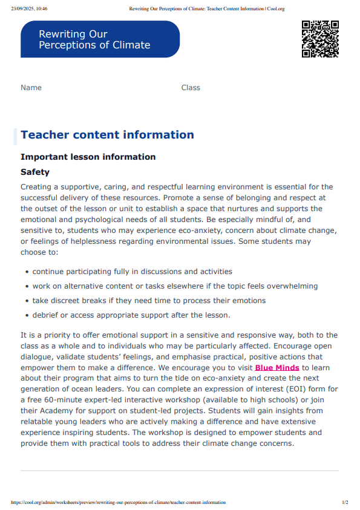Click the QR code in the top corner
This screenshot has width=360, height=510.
[320, 39]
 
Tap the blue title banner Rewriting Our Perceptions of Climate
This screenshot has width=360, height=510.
[100, 39]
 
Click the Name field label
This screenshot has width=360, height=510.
[31, 88]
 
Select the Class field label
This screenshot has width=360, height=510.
[191, 88]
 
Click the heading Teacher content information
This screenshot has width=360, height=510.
[107, 135]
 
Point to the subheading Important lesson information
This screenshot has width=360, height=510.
[88, 157]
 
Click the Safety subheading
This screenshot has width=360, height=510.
[35, 172]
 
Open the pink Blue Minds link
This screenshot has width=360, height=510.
[277, 367]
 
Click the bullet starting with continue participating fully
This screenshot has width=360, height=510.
[132, 272]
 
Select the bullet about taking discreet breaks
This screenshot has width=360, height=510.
[149, 300]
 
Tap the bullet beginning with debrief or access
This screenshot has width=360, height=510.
[131, 315]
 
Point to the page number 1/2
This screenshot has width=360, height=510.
[345, 502]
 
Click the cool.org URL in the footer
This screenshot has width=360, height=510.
[119, 502]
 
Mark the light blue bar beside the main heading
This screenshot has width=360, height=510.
[15, 136]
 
